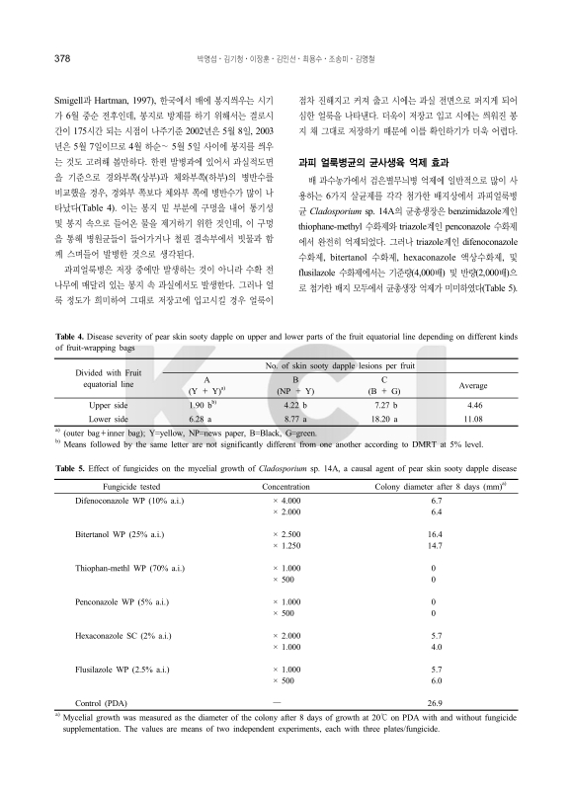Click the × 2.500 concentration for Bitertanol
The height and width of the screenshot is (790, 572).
point(286,534)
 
